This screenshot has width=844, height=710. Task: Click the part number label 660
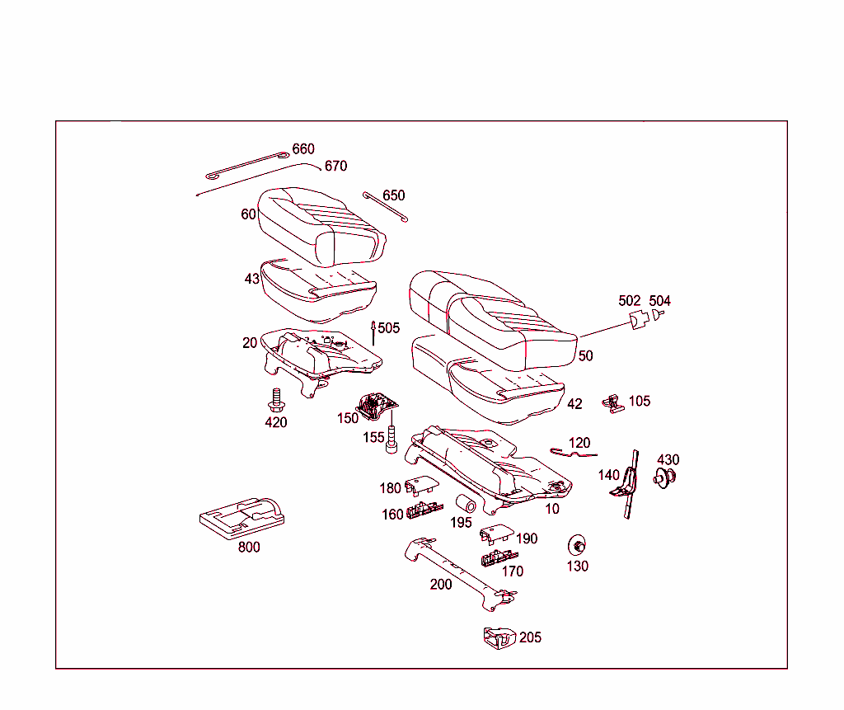pyautogui.click(x=303, y=149)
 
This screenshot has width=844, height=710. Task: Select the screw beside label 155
pyautogui.click(x=392, y=439)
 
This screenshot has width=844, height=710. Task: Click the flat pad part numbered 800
pyautogui.click(x=242, y=516)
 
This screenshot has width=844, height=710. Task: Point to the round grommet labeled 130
pyautogui.click(x=578, y=546)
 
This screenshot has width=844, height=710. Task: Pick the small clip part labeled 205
pyautogui.click(x=499, y=637)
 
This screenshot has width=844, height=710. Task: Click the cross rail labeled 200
pyautogui.click(x=457, y=571)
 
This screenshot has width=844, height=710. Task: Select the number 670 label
pyautogui.click(x=335, y=166)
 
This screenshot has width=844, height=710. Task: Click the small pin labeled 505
pyautogui.click(x=373, y=331)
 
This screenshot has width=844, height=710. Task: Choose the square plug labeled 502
pyautogui.click(x=638, y=319)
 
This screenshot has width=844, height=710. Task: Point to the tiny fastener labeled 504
pyautogui.click(x=658, y=315)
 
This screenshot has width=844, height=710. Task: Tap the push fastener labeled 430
pyautogui.click(x=664, y=477)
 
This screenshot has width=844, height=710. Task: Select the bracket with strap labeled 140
pyautogui.click(x=628, y=485)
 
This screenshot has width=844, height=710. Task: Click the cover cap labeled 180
pyautogui.click(x=420, y=487)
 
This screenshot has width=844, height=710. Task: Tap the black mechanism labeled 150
pyautogui.click(x=375, y=405)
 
